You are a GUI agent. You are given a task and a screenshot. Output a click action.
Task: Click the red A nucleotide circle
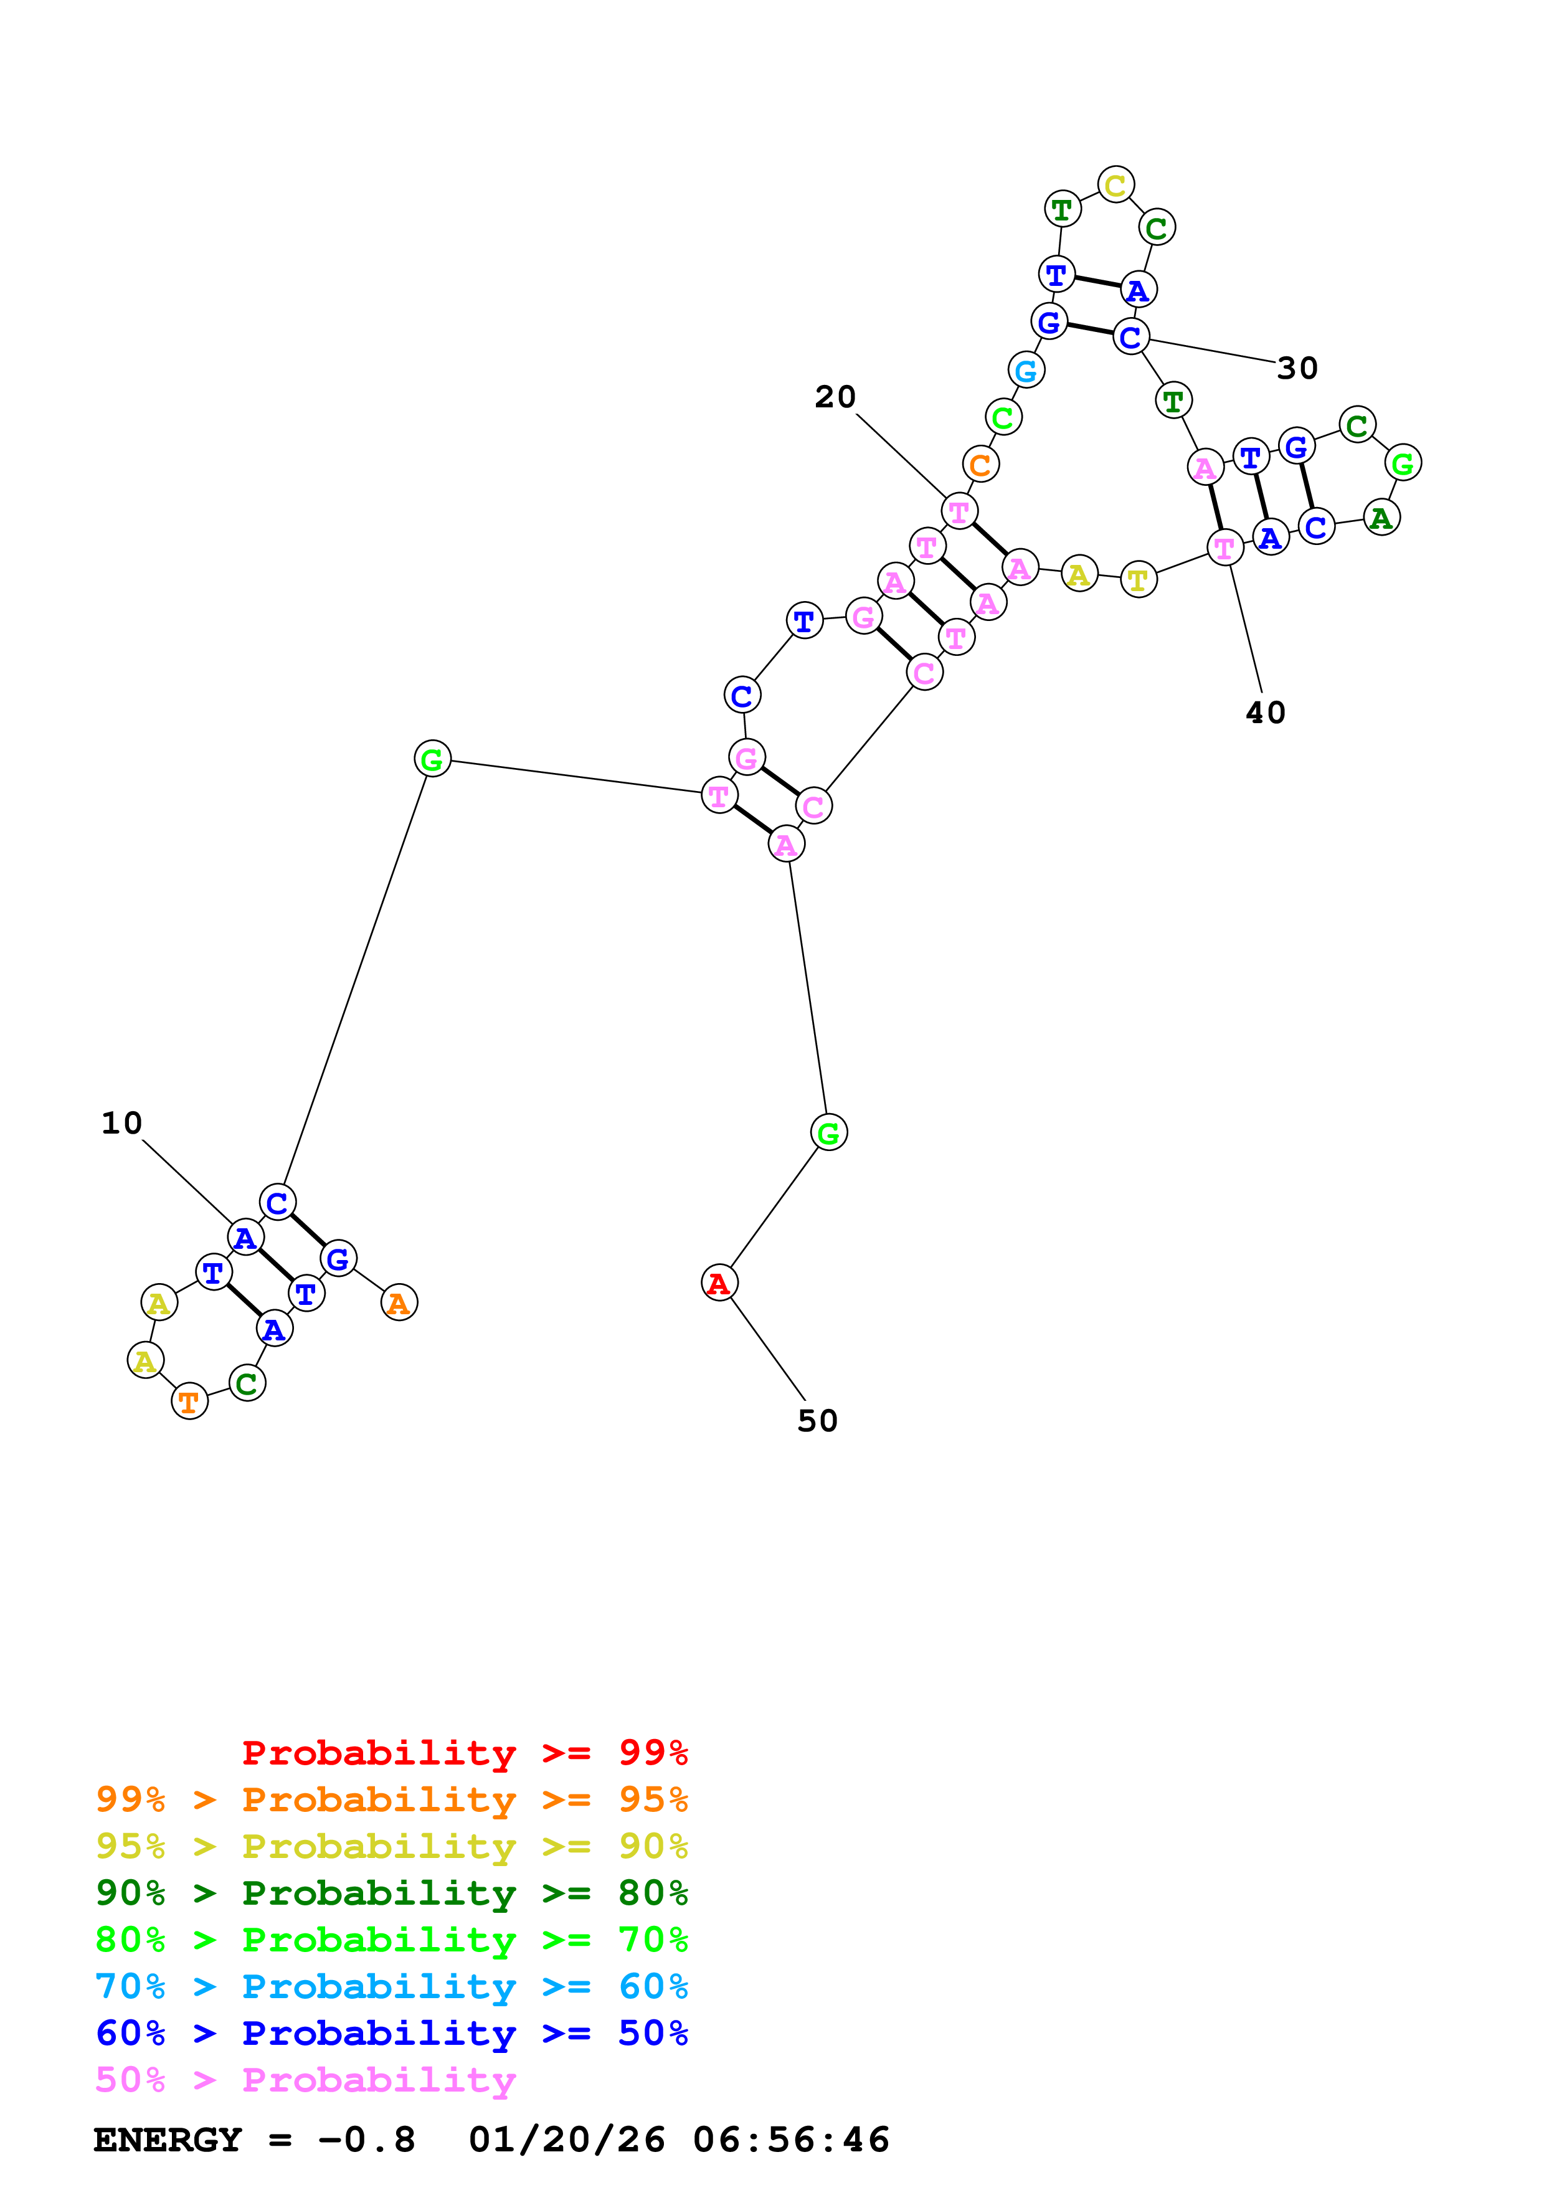click(719, 1283)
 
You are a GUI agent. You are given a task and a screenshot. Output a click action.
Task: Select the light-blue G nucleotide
click(1026, 370)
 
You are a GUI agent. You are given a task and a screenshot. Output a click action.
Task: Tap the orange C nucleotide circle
click(980, 465)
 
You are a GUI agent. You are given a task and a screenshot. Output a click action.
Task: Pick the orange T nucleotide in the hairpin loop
click(189, 1401)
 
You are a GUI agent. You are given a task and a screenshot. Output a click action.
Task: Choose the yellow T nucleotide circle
click(1138, 579)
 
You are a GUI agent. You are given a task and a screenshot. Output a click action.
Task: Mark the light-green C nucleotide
click(1003, 417)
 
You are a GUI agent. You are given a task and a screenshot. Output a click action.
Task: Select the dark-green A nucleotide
click(1381, 518)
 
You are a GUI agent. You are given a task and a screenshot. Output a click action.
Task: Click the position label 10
click(122, 1123)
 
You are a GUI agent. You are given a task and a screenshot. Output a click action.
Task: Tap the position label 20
click(835, 397)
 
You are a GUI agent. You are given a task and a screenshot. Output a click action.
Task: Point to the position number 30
click(1297, 368)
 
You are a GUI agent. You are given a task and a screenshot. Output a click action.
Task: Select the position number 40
click(1265, 713)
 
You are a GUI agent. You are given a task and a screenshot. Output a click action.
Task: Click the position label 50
click(817, 1421)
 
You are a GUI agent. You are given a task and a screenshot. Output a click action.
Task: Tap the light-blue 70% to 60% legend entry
click(391, 1986)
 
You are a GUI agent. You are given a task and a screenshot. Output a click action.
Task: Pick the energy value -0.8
click(366, 2140)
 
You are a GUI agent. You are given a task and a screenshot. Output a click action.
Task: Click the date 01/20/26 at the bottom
click(567, 2140)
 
